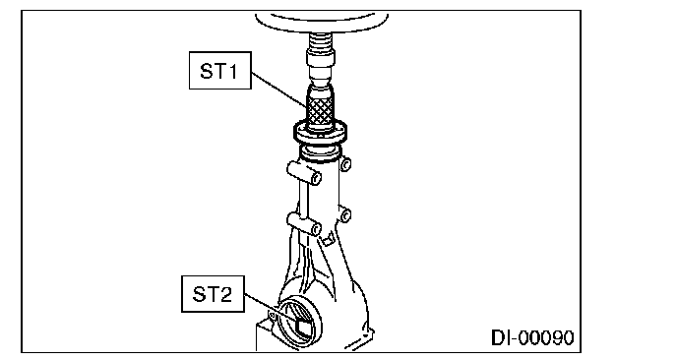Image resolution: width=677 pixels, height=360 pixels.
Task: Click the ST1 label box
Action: (x=220, y=71)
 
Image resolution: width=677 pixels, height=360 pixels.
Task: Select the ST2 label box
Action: (x=213, y=294)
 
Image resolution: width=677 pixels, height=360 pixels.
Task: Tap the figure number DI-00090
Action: (x=532, y=337)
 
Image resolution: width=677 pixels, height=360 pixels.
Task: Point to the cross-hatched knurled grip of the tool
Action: (x=320, y=111)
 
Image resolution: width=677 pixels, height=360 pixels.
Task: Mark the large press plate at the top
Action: (x=322, y=23)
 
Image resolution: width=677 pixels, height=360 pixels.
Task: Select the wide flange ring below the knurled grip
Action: (x=321, y=132)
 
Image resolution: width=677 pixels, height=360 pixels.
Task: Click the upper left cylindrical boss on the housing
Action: (x=304, y=172)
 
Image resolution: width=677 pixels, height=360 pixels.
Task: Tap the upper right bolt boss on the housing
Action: (x=345, y=164)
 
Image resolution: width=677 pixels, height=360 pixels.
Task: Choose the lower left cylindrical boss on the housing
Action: (x=304, y=223)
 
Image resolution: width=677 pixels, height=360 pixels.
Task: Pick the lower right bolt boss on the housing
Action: (x=345, y=215)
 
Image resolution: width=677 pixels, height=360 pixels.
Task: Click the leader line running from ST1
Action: (x=278, y=90)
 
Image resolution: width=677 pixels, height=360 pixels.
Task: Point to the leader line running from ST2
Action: (x=272, y=308)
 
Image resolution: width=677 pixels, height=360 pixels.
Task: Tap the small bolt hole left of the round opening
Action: (x=272, y=317)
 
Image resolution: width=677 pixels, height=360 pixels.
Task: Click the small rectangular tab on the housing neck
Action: (x=328, y=239)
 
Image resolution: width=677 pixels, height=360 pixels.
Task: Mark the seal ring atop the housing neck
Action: (x=321, y=153)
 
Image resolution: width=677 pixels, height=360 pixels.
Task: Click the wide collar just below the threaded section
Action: (x=321, y=57)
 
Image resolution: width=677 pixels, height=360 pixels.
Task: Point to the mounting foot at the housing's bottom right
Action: (x=362, y=338)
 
